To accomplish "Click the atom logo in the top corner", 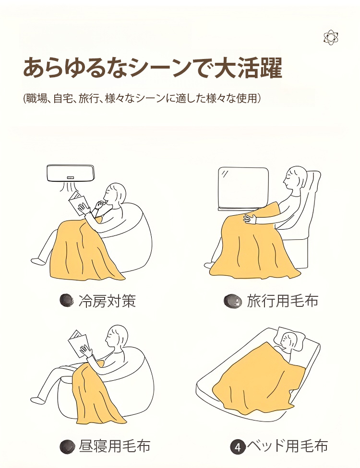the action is click(x=331, y=37).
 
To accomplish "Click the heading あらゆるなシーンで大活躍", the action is click(x=153, y=68).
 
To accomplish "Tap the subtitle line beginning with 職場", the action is click(x=142, y=98).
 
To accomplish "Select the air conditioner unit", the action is click(x=71, y=174).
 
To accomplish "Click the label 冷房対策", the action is click(x=107, y=301).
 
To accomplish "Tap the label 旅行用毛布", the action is click(x=282, y=301).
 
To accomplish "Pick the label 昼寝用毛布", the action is click(x=114, y=446).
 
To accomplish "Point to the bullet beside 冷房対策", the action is click(x=66, y=301).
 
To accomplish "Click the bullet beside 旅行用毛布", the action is click(x=232, y=301).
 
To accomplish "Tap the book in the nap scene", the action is click(x=78, y=343).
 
